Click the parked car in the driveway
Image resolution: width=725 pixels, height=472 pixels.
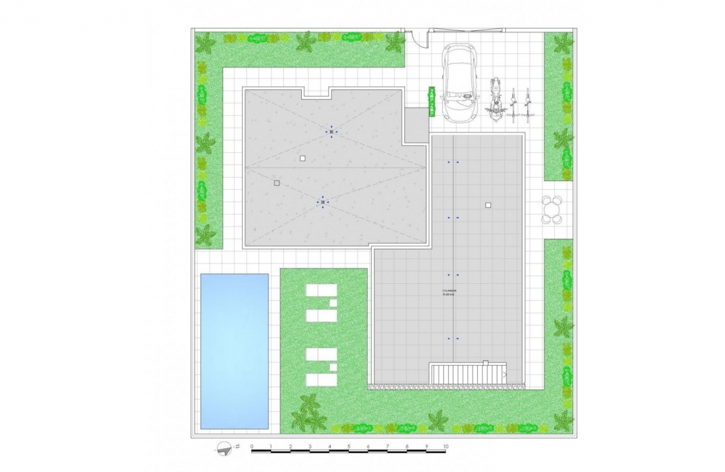[x=460, y=83]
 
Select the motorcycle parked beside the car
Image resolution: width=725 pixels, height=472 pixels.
[x=495, y=99]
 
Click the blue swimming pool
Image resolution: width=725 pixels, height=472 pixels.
[x=234, y=351]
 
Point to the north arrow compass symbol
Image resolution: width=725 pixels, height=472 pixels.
[x=226, y=448]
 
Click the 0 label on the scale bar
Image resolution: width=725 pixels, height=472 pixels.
[x=252, y=447]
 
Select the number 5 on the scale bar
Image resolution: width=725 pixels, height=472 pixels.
[x=348, y=447]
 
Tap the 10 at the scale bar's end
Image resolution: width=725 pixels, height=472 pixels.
[x=445, y=447]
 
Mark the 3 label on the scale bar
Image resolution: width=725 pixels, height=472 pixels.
[x=310, y=447]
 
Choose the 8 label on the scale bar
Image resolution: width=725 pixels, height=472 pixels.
[x=406, y=447]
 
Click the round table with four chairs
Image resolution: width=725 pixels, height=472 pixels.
[x=552, y=210]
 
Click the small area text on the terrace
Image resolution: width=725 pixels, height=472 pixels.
[x=449, y=292]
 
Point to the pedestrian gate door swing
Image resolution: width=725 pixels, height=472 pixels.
[x=416, y=39]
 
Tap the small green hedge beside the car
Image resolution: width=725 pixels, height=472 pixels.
[x=432, y=101]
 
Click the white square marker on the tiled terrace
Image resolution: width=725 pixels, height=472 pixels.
[x=488, y=205]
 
